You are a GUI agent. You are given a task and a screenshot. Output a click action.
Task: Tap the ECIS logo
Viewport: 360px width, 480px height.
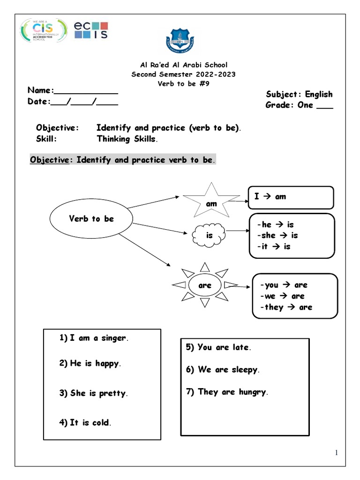(x=91, y=30)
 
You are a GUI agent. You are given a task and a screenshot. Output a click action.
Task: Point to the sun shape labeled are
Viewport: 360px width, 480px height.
(x=205, y=285)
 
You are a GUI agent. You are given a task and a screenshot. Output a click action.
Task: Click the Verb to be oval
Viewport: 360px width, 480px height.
(x=91, y=219)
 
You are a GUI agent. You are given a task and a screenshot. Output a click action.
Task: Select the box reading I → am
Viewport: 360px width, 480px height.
(x=291, y=197)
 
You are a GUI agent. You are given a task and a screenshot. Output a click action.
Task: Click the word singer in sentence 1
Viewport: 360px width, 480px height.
(x=114, y=338)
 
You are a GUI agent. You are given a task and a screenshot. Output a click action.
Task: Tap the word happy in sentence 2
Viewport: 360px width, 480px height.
(x=107, y=363)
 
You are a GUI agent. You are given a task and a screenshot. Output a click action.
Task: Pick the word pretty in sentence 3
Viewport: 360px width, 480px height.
(x=112, y=394)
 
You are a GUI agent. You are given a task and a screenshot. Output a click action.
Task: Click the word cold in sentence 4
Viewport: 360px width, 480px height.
(x=100, y=423)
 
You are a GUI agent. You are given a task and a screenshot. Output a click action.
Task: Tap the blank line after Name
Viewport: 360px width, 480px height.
(x=86, y=92)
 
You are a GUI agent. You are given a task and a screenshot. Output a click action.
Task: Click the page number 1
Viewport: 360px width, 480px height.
(x=336, y=452)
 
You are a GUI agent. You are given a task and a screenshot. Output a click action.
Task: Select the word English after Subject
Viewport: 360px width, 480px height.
(x=319, y=94)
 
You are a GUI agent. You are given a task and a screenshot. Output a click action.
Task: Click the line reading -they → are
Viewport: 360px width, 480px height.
(x=286, y=307)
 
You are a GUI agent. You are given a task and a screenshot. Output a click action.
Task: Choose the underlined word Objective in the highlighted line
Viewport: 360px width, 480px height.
(x=49, y=160)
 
